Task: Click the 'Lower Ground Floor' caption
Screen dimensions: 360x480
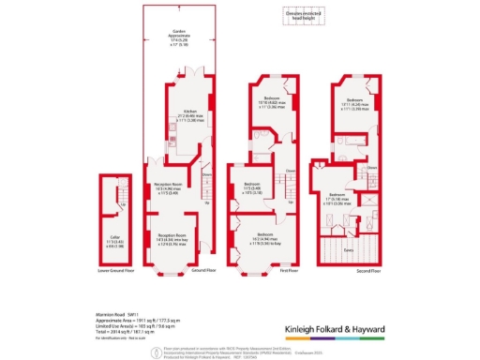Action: (x=118, y=269)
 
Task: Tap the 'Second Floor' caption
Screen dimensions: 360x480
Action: (x=356, y=269)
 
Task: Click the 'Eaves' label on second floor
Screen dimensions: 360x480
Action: (x=348, y=250)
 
